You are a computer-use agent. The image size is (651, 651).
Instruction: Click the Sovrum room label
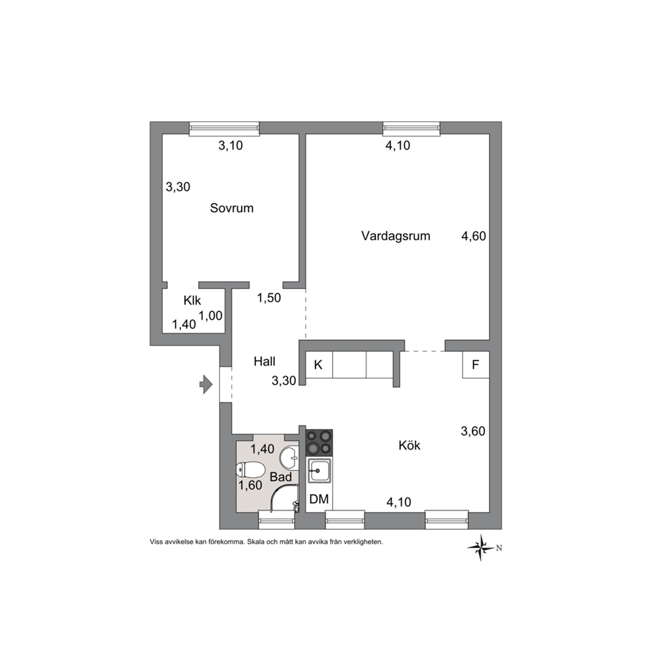click(232, 207)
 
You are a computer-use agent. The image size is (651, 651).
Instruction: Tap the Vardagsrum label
click(395, 236)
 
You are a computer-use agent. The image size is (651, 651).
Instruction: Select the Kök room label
click(409, 446)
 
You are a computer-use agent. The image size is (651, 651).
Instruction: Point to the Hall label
click(264, 362)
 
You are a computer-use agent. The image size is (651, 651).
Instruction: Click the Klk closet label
click(192, 300)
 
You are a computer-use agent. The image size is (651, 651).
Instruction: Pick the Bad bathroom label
click(281, 476)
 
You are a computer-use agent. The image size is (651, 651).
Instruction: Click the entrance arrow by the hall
click(206, 384)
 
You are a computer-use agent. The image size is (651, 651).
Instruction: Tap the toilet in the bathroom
click(250, 471)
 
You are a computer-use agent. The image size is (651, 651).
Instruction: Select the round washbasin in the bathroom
click(289, 458)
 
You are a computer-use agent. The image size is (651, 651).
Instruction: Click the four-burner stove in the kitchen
click(320, 442)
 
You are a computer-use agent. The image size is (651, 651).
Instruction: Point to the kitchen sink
click(320, 471)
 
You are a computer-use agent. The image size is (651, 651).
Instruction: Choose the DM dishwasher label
click(319, 499)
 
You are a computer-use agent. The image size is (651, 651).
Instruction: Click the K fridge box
click(319, 365)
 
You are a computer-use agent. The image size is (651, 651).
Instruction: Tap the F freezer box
click(476, 364)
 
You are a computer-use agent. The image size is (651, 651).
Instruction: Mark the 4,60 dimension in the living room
click(474, 236)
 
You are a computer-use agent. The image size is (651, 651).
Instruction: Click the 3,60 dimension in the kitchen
click(473, 431)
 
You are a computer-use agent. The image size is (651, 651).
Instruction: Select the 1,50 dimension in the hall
click(269, 298)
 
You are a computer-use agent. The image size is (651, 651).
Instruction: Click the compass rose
click(482, 548)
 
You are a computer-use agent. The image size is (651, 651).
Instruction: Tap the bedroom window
click(224, 129)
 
